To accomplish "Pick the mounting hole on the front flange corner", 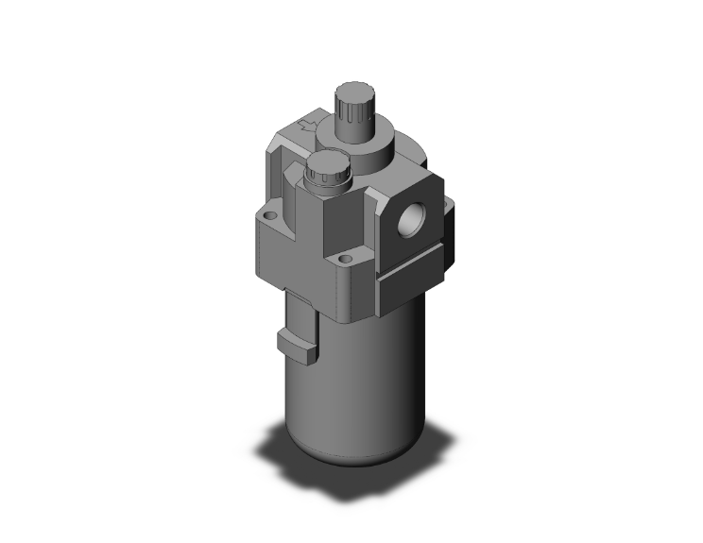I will pyautogui.click(x=344, y=257).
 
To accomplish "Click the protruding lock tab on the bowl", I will pyautogui.click(x=297, y=344).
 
